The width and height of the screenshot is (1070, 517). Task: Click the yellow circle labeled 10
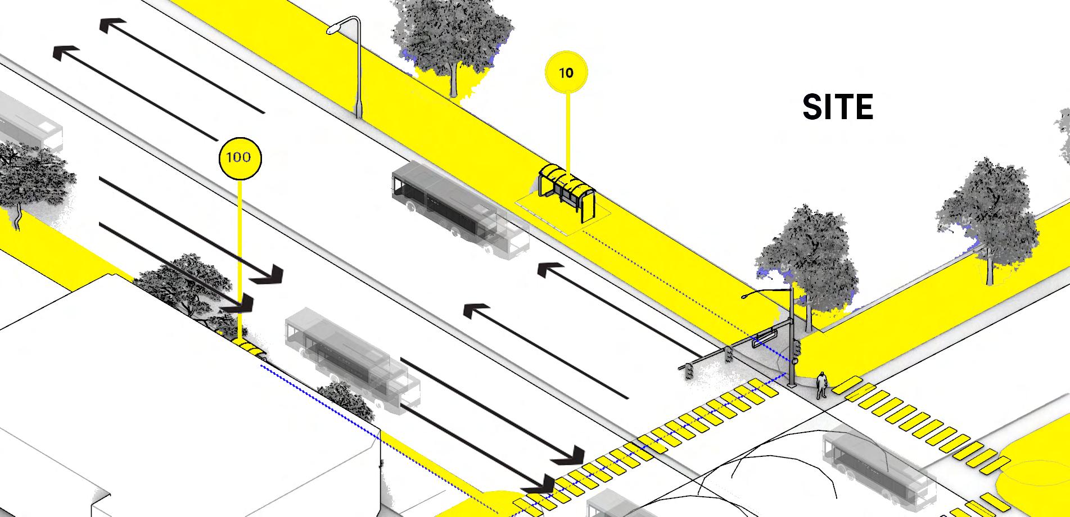coord(566,72)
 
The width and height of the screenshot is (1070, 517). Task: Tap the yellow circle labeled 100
coord(240,157)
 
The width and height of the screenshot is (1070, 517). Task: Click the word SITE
coord(837,107)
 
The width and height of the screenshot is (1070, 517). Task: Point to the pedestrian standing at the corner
coord(821,385)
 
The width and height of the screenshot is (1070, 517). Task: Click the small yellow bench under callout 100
coord(248,347)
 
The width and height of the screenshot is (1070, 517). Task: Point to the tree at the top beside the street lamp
coord(450,39)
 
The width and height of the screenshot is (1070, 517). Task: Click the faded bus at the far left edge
coord(28,126)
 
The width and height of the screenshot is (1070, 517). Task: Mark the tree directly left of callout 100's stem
coord(186,287)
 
